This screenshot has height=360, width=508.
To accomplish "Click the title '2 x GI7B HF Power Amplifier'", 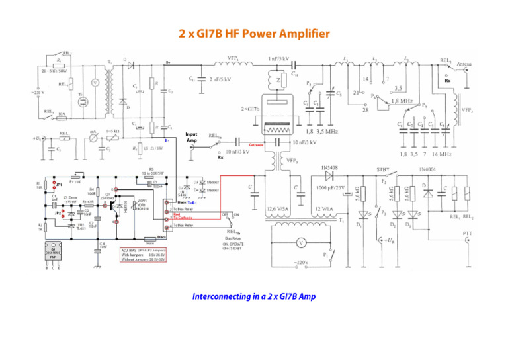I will [x=255, y=33].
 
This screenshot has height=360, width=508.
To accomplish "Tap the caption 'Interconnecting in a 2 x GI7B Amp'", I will [x=254, y=296].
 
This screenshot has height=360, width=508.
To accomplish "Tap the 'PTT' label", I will [x=467, y=233].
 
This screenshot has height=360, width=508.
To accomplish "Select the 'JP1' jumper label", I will [x=59, y=185].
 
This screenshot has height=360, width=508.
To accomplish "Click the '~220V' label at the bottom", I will [x=302, y=263].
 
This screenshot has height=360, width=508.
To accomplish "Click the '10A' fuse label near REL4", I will [x=61, y=114].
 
